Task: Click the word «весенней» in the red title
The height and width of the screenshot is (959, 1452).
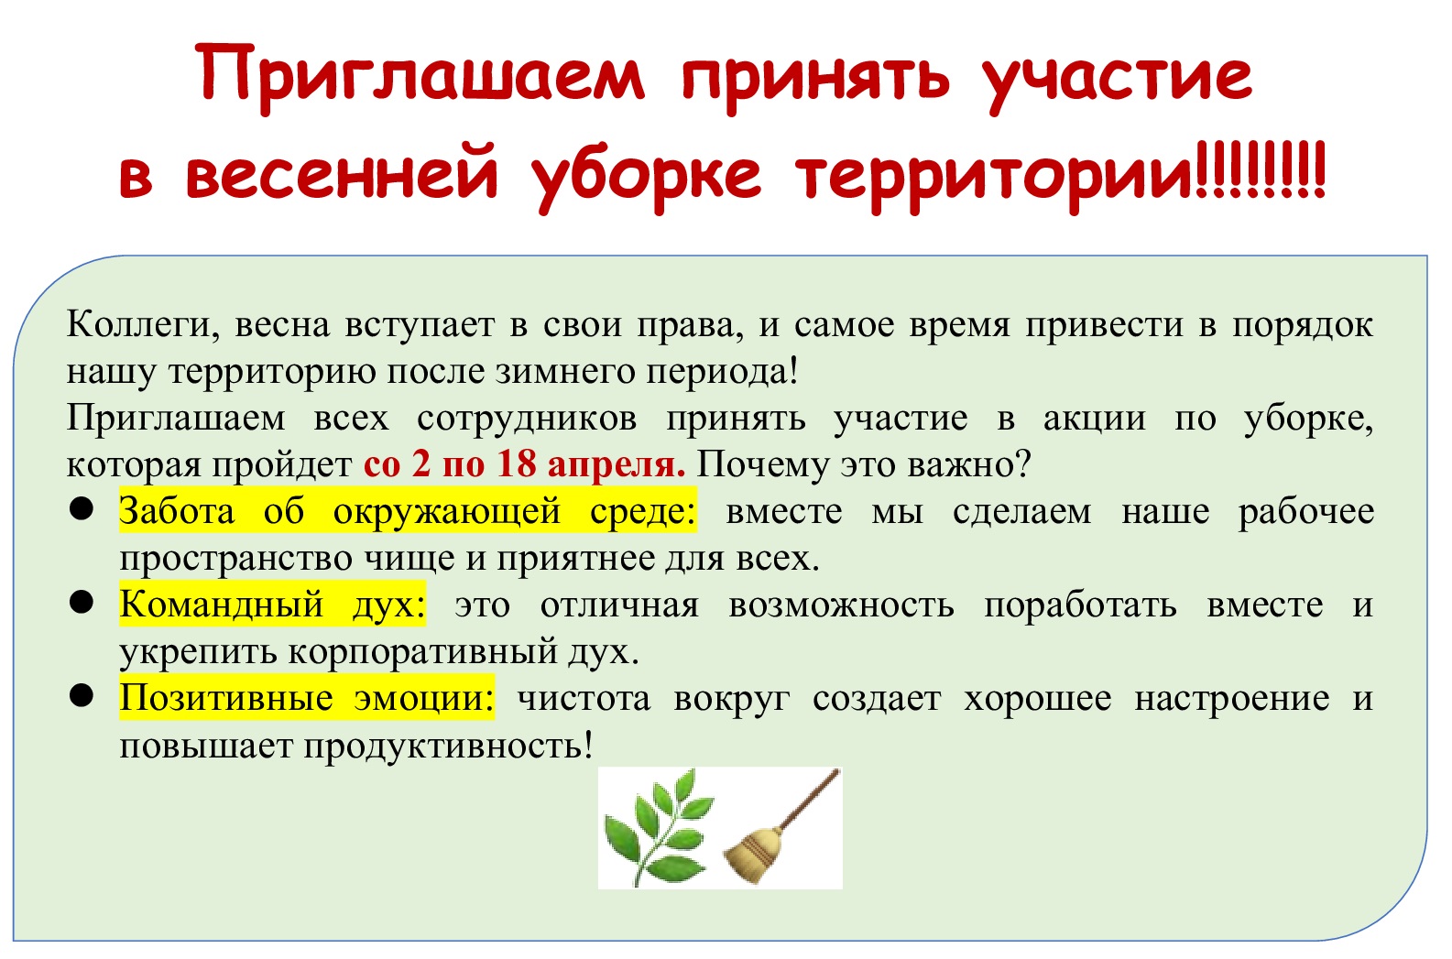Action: tap(343, 174)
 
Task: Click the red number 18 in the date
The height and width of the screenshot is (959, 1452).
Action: tap(517, 464)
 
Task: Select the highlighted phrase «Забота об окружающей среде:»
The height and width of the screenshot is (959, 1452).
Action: tap(408, 511)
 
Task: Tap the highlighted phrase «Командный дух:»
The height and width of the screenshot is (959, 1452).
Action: tap(272, 605)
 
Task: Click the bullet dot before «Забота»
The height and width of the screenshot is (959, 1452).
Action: tap(82, 509)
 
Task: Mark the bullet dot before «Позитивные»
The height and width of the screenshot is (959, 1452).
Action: tap(82, 696)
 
